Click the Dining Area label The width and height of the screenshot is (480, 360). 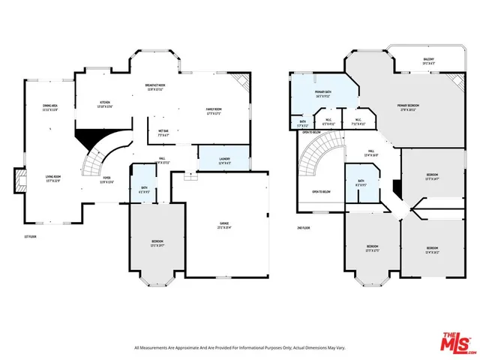pyautogui.click(x=49, y=108)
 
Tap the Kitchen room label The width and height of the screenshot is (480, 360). pyautogui.click(x=106, y=103)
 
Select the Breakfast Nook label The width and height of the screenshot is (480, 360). pyautogui.click(x=155, y=87)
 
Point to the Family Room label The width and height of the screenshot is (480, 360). pyautogui.click(x=217, y=112)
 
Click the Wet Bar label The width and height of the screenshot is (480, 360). pyautogui.click(x=163, y=133)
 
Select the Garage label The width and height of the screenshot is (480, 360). pyautogui.click(x=223, y=225)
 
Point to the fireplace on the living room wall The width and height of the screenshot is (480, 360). pyautogui.click(x=19, y=180)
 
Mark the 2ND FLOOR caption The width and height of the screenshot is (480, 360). pyautogui.click(x=303, y=227)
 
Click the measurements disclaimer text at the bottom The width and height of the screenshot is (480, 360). pyautogui.click(x=240, y=347)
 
